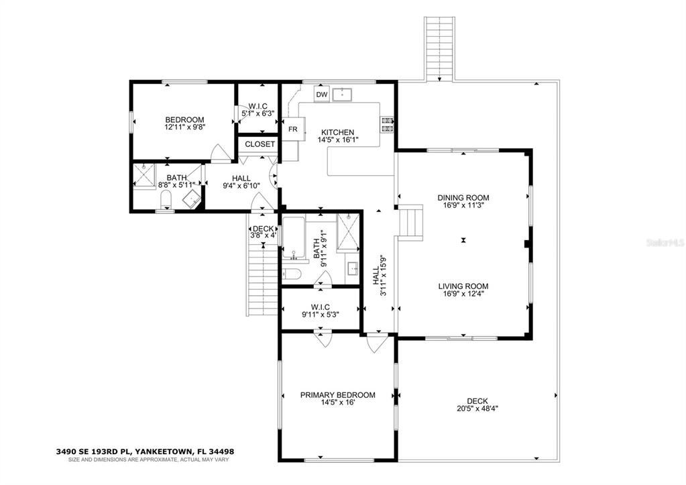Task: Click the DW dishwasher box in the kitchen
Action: click(x=322, y=95)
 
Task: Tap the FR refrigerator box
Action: click(x=293, y=129)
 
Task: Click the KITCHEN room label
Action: click(x=337, y=132)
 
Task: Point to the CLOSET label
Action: click(x=260, y=144)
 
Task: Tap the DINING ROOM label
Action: click(x=463, y=198)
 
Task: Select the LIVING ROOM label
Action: click(x=463, y=285)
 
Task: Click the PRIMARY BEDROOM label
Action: click(x=337, y=395)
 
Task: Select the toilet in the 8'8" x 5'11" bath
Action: click(x=165, y=199)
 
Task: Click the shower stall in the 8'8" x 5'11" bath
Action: click(x=144, y=176)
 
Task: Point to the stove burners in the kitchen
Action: click(x=388, y=124)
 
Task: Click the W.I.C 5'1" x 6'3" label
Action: click(x=258, y=109)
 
